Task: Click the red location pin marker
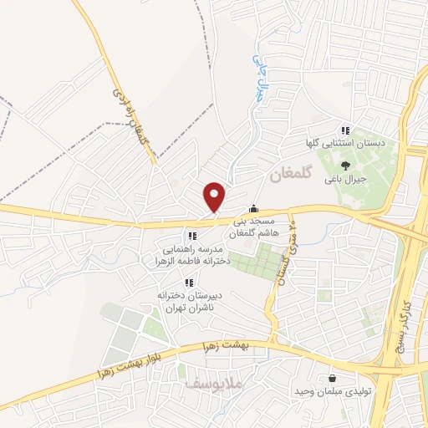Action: coord(215,196)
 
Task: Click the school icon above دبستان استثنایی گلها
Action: coord(344,130)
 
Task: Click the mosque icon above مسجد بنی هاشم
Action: coord(254,209)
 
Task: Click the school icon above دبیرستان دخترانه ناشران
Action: coord(190,282)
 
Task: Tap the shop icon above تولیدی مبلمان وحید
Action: coord(333,378)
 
